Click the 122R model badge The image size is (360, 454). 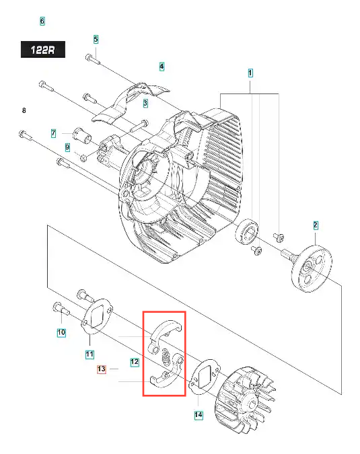[x=43, y=50]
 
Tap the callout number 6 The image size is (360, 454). [x=42, y=21]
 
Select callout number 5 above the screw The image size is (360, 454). [x=96, y=40]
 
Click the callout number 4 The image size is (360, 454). [x=161, y=67]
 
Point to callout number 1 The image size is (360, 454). [x=250, y=73]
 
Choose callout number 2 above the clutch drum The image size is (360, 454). [x=316, y=225]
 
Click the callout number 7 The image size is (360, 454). [x=53, y=133]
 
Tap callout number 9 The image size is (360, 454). [x=67, y=147]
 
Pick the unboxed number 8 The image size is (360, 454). [x=24, y=110]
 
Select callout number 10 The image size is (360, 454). [x=61, y=332]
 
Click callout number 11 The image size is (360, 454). [x=89, y=354]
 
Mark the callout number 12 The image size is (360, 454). [x=135, y=362]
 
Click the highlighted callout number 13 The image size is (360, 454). [x=102, y=369]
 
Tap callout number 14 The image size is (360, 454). [x=198, y=414]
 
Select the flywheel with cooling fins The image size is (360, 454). [x=246, y=400]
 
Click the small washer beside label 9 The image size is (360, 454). [x=83, y=158]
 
